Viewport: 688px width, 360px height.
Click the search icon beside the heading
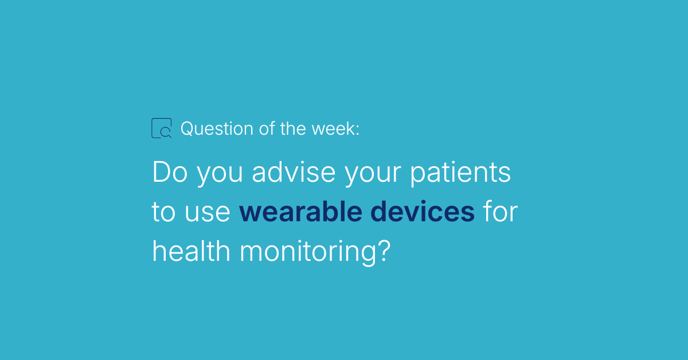152,128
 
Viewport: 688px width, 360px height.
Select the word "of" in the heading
267,128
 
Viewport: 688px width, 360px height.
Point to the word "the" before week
293,128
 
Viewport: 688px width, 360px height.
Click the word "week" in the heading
333,129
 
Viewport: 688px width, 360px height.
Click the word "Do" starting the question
170,172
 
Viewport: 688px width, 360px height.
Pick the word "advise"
294,172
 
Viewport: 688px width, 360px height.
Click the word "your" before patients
373,174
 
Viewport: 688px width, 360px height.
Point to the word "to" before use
163,212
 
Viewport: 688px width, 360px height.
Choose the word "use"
208,213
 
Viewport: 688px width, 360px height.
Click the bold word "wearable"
300,211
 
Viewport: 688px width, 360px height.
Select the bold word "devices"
423,211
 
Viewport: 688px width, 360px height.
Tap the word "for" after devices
501,211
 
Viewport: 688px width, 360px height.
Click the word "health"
191,251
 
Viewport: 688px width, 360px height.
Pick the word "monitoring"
308,253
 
